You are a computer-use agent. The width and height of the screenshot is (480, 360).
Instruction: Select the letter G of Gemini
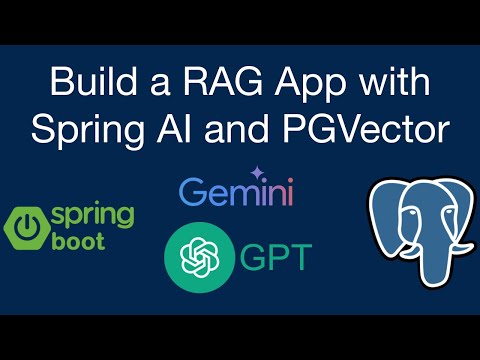pyautogui.click(x=191, y=192)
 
